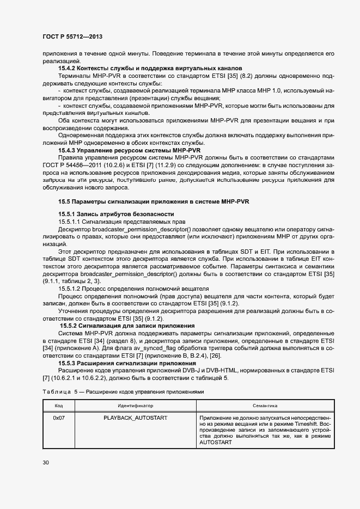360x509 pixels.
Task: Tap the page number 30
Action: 45,463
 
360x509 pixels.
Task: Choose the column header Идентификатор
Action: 136,406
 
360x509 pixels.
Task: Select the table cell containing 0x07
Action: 59,418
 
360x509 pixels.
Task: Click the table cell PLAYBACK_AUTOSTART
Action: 136,418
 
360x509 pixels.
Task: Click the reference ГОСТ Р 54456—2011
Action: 66,164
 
